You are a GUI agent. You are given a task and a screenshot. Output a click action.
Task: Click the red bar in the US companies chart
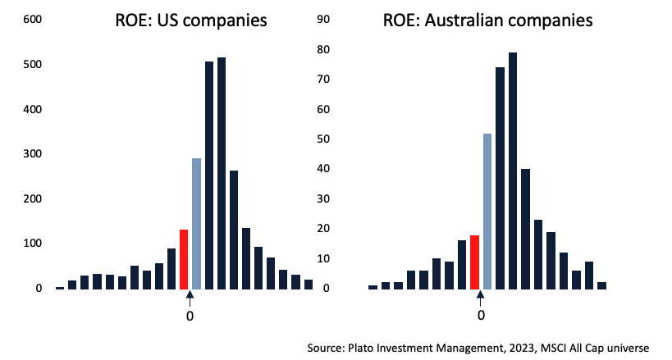coord(184,259)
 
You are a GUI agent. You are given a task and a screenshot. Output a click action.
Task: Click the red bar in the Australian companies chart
coord(474,262)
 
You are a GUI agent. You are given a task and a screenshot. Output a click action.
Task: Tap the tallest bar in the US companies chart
coord(222,172)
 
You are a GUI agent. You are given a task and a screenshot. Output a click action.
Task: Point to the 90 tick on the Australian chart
coord(324,20)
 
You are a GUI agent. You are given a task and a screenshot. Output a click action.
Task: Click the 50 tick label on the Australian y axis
coord(324,139)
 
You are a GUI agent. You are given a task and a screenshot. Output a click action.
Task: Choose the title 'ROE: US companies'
coord(190,21)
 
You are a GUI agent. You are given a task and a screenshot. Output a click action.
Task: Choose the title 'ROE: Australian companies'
coord(487,21)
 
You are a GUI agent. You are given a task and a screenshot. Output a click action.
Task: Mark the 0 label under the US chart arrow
coord(190,315)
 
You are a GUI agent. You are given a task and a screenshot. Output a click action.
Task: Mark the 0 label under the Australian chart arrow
coord(481,315)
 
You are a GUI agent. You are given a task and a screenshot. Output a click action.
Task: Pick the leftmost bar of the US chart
coord(60,287)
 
